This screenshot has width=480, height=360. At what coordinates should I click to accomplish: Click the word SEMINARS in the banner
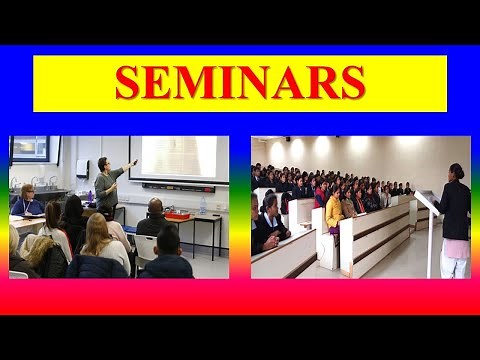point(239,83)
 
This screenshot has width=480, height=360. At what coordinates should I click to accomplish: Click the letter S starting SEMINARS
point(127,83)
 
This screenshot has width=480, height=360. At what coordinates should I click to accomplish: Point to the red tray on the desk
point(178,215)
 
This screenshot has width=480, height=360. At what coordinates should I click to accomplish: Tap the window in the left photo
point(30,149)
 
